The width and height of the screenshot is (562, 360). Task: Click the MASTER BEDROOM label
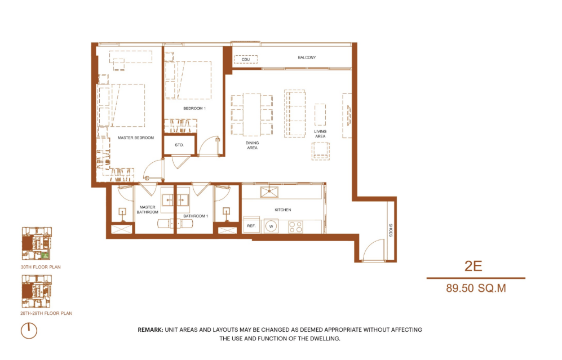pos(135,138)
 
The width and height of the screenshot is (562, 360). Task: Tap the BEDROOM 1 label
pos(194,108)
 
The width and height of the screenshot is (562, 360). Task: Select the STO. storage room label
pos(179,145)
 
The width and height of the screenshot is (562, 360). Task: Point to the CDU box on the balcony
pos(246,60)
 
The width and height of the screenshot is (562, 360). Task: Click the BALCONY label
pos(307,57)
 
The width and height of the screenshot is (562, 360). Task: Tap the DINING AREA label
pos(253,145)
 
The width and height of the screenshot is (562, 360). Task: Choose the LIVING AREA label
pos(320,134)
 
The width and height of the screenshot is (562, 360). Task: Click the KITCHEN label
pos(283,210)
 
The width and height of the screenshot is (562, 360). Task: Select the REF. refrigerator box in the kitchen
pos(251,225)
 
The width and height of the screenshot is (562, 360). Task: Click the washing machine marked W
pos(271,226)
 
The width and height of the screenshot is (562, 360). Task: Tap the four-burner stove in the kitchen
pos(296,226)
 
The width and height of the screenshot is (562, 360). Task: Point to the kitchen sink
pos(269,192)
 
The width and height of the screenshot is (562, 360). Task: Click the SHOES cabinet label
pos(391,230)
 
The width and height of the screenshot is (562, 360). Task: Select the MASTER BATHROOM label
pos(147,210)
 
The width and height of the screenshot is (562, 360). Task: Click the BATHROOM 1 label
pos(196,216)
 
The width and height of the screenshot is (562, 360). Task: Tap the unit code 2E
pos(473,266)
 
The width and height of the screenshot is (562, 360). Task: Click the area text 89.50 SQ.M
pos(476,288)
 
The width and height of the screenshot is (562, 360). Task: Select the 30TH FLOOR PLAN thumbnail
pos(37,243)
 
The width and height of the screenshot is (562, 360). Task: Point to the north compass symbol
pos(29,330)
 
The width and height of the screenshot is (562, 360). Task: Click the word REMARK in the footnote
pos(151,330)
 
